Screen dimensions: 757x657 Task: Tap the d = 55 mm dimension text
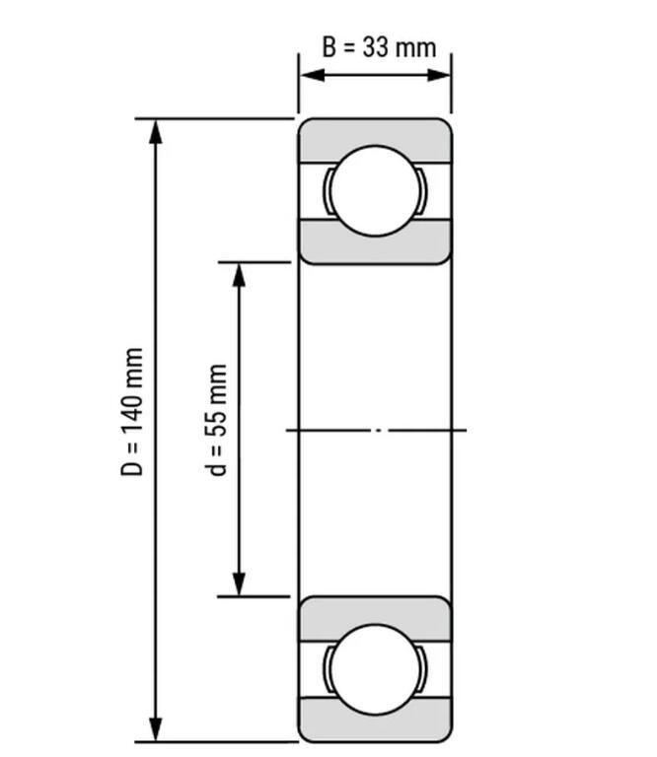(218, 419)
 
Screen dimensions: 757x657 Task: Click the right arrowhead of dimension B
(443, 76)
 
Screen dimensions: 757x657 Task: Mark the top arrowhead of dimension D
(155, 129)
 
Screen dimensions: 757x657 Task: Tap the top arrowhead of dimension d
(238, 273)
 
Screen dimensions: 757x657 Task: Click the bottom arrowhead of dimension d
(238, 585)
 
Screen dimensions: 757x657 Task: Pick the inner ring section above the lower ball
(375, 611)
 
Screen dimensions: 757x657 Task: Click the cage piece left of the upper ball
(326, 190)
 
